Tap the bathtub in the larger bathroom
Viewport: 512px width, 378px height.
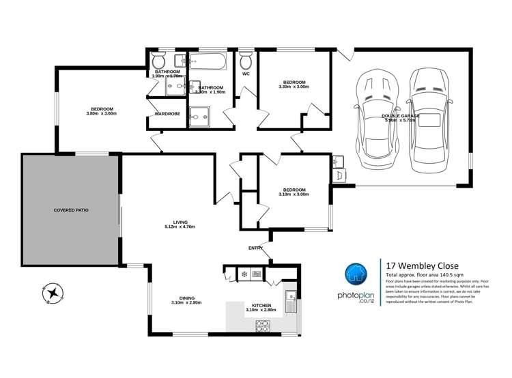(x=211, y=63)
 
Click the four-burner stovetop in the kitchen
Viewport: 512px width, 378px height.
(x=263, y=325)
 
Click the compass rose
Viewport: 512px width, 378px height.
(x=52, y=293)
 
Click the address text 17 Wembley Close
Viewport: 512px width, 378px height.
(x=423, y=265)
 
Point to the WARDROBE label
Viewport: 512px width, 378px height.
(x=167, y=113)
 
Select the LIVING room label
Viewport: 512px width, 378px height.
(x=180, y=222)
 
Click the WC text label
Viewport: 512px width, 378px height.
(x=245, y=73)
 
